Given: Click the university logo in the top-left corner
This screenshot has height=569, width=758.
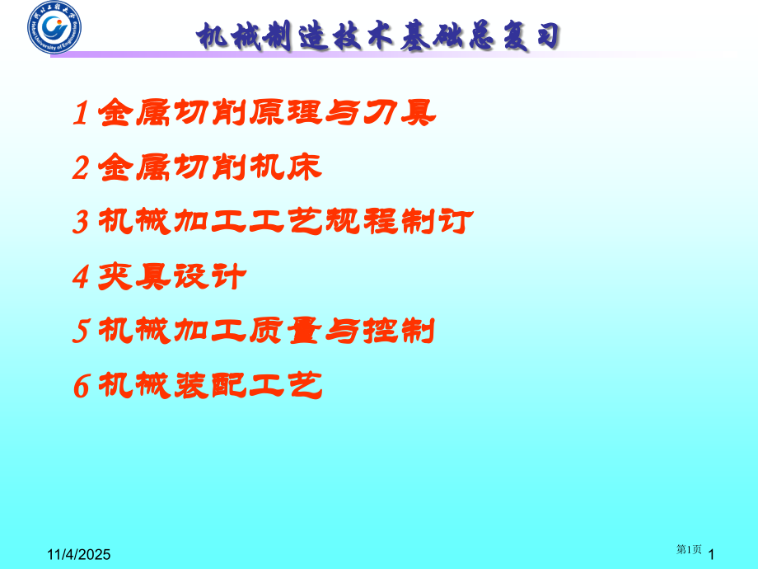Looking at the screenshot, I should (54, 26).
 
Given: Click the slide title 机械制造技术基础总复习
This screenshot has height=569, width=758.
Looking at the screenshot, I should (379, 36).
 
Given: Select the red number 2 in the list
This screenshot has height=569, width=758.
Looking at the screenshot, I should (81, 169).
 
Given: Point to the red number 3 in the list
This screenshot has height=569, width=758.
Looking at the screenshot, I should (81, 223).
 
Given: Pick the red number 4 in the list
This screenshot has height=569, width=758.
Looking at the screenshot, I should (81, 278).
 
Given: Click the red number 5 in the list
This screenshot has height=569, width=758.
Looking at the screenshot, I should (81, 332).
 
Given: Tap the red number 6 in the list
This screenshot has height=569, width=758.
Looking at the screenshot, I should (81, 386).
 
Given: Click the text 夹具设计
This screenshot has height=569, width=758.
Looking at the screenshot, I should (171, 277).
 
